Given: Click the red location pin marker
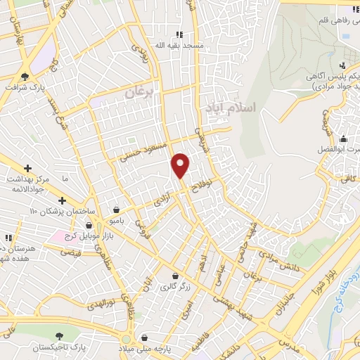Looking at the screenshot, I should [181, 166].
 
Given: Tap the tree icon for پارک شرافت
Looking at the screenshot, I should [25, 75].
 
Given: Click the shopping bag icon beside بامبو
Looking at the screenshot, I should [115, 209].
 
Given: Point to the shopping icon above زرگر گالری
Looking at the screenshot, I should [174, 275].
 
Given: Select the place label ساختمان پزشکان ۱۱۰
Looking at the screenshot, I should [43, 211].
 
